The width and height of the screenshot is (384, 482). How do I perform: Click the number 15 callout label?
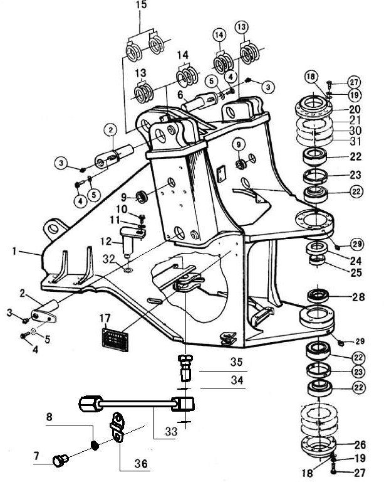click(141, 5)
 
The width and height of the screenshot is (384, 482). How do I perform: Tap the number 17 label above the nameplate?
click(105, 318)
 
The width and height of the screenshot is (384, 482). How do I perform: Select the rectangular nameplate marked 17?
click(115, 340)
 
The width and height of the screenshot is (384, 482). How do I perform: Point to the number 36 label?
click(141, 463)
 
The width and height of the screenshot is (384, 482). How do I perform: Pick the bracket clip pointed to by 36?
click(117, 427)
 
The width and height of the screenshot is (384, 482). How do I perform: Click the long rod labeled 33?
click(137, 404)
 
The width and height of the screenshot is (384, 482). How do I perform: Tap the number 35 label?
click(236, 362)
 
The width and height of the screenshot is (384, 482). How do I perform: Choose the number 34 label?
click(237, 380)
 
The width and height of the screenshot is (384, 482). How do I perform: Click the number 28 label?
click(358, 297)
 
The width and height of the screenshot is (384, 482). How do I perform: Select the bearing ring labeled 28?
click(318, 296)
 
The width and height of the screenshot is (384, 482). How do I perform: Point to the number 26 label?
click(360, 445)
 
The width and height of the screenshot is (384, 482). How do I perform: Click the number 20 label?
click(355, 109)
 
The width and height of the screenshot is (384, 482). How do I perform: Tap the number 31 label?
click(355, 142)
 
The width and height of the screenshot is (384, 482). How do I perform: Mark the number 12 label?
click(106, 241)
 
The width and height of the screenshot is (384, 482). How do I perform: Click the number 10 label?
click(122, 209)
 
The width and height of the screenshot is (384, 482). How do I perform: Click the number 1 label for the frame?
click(14, 252)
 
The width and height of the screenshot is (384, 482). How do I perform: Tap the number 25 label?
click(356, 272)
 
